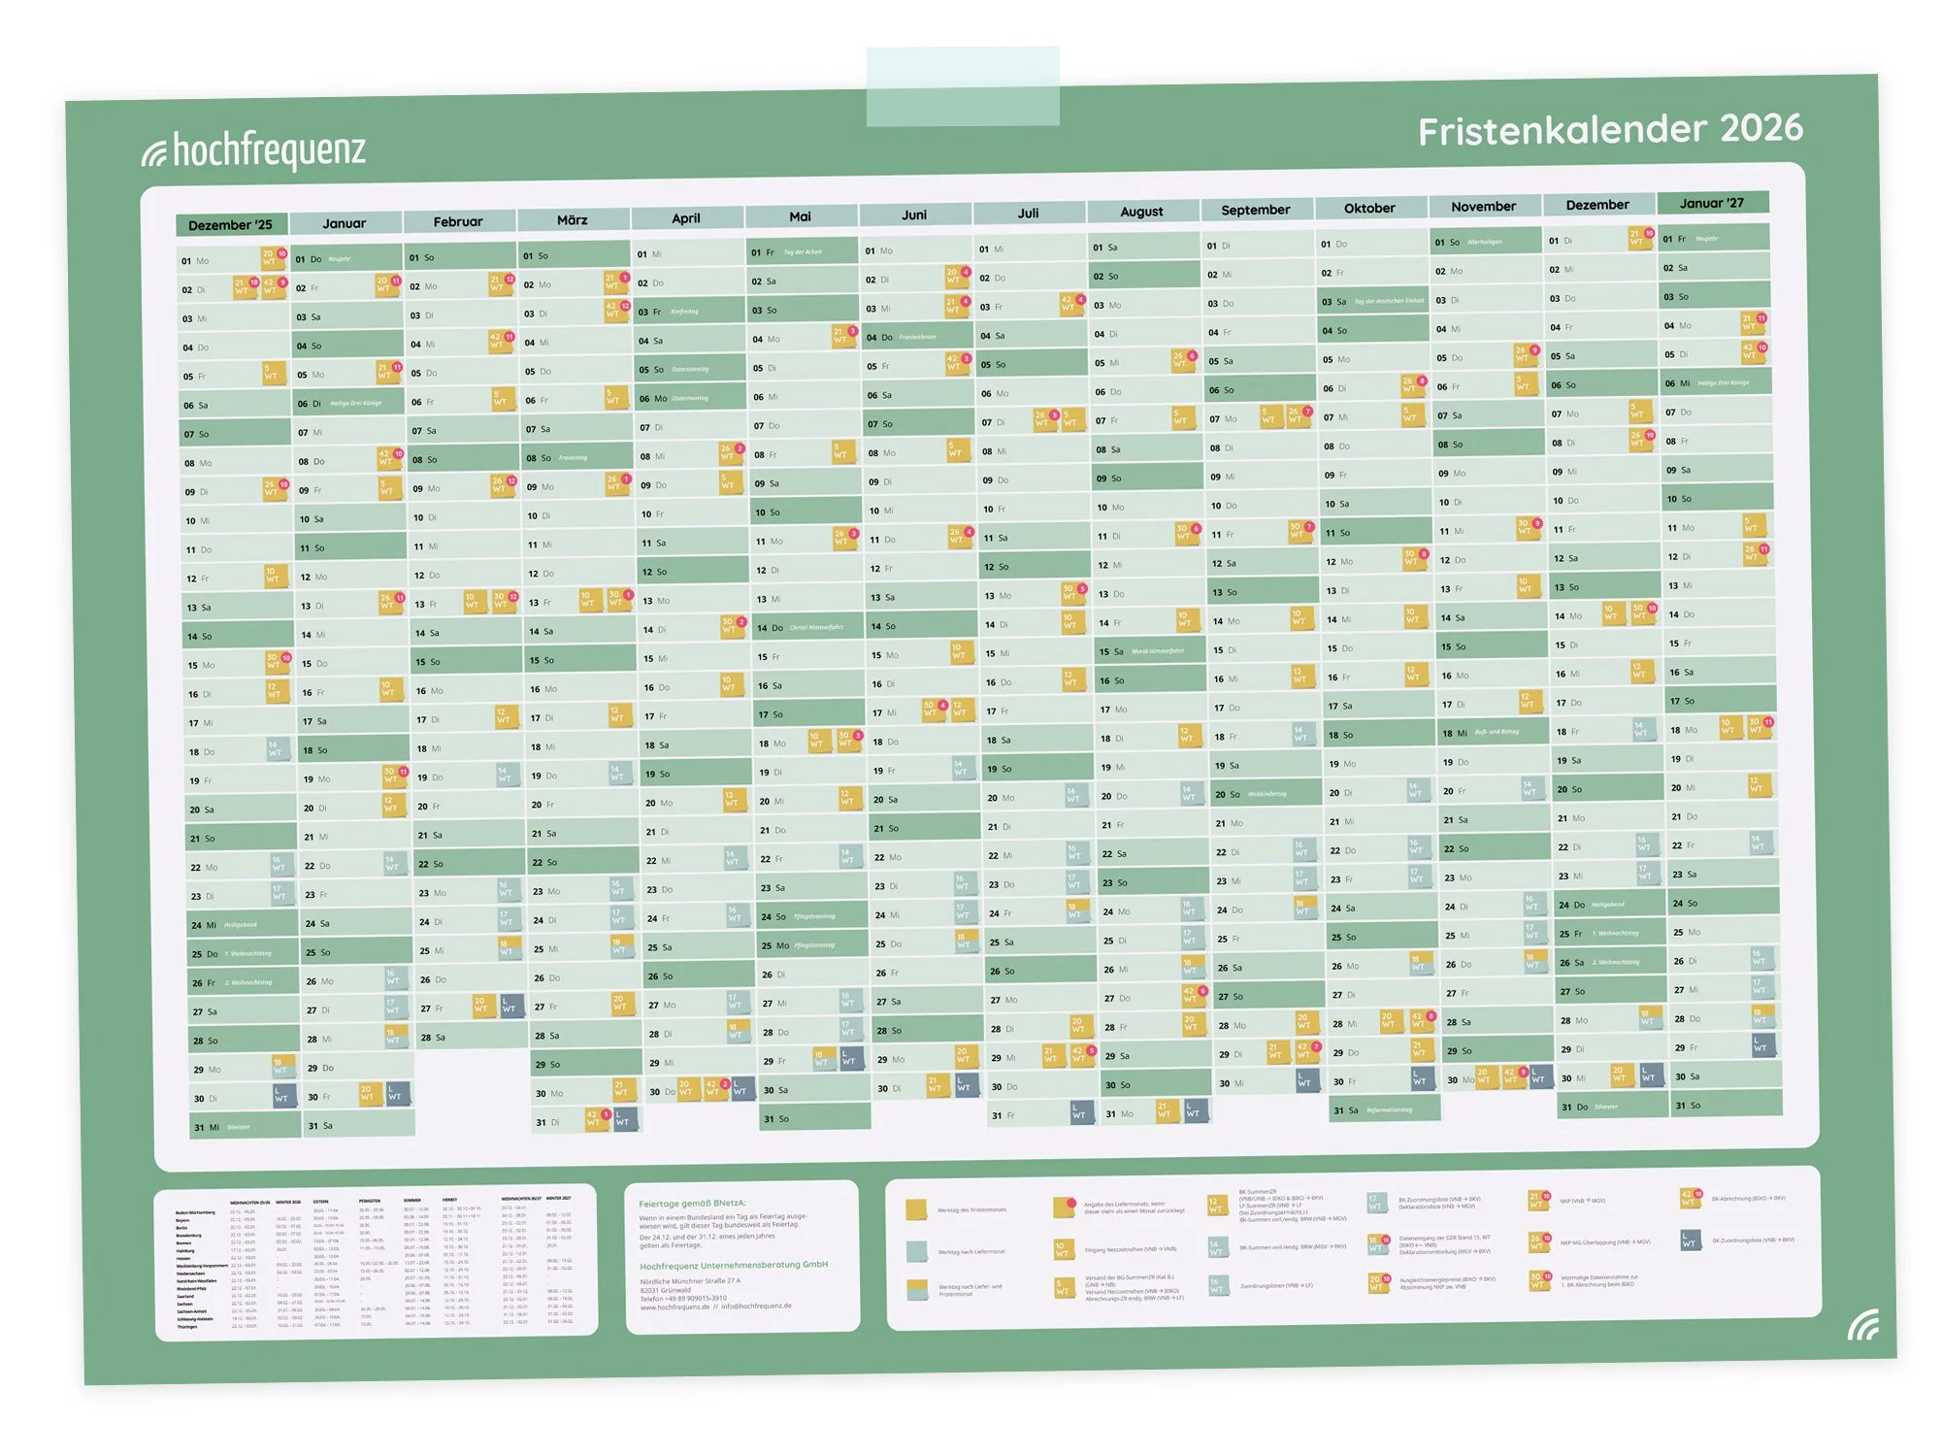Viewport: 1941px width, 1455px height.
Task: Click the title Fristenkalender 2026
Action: tap(1610, 130)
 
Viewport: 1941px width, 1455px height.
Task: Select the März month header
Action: tap(572, 220)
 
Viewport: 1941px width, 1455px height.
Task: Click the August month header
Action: tap(1141, 212)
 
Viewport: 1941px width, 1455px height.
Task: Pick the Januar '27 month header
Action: tap(1712, 203)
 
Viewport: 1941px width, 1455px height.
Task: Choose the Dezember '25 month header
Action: tap(230, 225)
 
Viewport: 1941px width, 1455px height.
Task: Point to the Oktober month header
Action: tap(1369, 209)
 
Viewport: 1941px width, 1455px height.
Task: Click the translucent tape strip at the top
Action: tap(963, 87)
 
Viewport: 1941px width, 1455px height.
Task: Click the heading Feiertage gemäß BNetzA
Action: tap(692, 1204)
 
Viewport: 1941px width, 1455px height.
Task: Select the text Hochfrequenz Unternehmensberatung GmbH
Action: tap(734, 1265)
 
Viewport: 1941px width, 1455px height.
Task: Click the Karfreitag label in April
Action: tap(684, 312)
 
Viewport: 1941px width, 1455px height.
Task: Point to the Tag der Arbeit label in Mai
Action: tap(803, 252)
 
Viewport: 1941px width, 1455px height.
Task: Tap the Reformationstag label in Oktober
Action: tap(1389, 1109)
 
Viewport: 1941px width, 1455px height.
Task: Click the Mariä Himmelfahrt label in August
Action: tap(1158, 651)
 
